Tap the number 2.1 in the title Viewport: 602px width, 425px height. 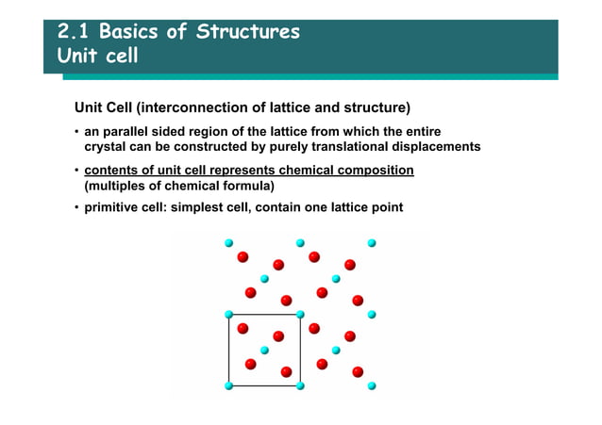(x=73, y=32)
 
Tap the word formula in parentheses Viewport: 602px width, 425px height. (x=233, y=186)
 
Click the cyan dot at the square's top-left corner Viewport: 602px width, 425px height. (x=228, y=314)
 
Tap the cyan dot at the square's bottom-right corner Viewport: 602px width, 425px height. (x=300, y=385)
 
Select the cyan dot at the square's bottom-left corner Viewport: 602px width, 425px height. (x=228, y=385)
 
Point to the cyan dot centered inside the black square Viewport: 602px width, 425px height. (x=264, y=350)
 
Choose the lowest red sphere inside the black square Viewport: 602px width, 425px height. (x=286, y=372)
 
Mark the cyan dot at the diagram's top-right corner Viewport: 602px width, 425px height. (x=372, y=242)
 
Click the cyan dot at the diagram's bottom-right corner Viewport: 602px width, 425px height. (x=372, y=385)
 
